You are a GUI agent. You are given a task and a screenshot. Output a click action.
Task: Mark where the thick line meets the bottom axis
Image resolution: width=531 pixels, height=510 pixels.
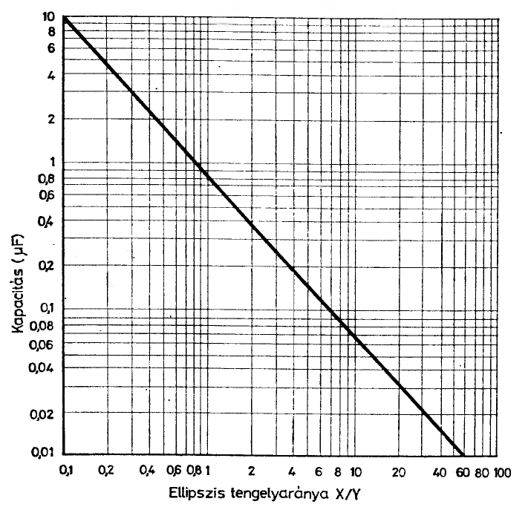[462, 454]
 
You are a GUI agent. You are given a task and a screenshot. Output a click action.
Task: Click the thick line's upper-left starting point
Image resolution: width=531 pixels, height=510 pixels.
[65, 16]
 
